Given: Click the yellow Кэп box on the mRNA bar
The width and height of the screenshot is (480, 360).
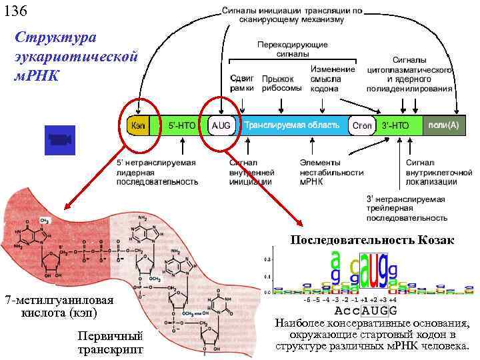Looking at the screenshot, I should coord(139,125).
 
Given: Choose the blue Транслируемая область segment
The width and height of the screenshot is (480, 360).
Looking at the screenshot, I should coord(291,125).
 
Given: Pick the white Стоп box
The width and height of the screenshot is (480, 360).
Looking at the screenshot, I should coord(361,125).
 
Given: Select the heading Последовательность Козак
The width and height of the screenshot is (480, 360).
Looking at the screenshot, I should coord(372,240).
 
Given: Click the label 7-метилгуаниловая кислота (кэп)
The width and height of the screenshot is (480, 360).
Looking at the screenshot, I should coord(59,306).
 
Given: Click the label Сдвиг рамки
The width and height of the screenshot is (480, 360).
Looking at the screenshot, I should coord(241,83).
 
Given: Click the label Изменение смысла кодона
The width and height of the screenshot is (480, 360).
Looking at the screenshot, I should coord(332,79).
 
